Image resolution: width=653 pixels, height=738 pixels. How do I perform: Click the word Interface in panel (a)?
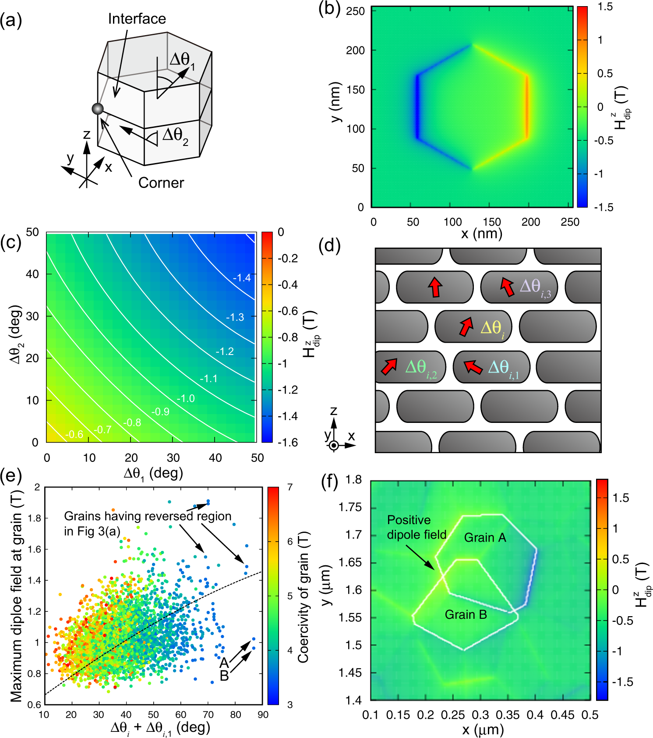(x=137, y=19)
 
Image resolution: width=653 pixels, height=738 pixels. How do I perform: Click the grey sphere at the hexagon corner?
(x=98, y=109)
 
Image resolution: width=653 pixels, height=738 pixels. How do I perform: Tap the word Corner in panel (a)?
(x=161, y=183)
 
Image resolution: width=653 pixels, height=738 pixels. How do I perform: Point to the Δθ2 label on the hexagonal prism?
(x=175, y=136)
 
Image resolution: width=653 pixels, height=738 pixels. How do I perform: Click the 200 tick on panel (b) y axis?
(x=355, y=50)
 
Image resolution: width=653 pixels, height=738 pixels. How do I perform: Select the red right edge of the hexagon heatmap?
(x=527, y=107)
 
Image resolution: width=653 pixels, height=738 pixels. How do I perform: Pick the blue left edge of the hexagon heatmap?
(x=417, y=107)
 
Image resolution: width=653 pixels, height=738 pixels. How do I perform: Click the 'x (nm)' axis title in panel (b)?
(x=481, y=233)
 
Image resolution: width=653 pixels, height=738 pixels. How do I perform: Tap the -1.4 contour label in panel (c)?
(x=242, y=278)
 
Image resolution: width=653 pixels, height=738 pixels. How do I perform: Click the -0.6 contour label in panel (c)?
(x=74, y=435)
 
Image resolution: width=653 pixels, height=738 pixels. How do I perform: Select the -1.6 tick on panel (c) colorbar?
(x=287, y=442)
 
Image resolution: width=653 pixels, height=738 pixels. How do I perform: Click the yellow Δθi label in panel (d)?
(x=492, y=328)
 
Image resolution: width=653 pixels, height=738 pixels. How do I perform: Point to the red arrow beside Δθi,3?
(x=507, y=287)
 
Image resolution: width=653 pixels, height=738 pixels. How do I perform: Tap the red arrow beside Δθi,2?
(x=388, y=366)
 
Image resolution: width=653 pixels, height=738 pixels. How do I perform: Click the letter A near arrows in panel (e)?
(x=224, y=662)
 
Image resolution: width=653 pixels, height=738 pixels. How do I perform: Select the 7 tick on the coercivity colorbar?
(x=289, y=487)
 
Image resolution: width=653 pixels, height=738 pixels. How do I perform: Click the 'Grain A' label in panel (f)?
(x=485, y=538)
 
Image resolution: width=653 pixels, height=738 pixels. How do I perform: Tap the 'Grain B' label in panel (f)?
(x=466, y=615)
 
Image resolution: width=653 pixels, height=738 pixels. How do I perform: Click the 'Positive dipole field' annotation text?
(x=416, y=527)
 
